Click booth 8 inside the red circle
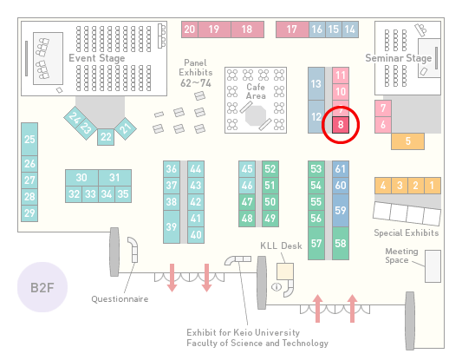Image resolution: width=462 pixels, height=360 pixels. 341,125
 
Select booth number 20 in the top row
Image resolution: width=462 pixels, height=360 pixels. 190,29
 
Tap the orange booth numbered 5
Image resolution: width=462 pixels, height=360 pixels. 407,141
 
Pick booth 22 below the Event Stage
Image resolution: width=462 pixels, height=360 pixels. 106,137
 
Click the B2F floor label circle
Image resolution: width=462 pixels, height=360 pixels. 42,287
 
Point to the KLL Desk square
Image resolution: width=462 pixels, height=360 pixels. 285,272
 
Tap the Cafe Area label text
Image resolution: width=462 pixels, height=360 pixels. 256,91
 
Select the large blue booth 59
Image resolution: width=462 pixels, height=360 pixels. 341,210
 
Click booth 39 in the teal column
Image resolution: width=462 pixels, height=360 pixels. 172,226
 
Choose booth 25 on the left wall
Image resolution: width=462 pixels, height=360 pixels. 29,139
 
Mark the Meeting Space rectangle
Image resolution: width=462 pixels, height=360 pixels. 433,266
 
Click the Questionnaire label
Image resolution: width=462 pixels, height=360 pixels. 120,299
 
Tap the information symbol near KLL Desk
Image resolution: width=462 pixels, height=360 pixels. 277,286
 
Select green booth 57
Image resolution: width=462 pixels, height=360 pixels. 316,243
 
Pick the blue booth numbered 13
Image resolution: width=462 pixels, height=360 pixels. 316,84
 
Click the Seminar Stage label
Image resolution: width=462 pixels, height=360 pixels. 399,58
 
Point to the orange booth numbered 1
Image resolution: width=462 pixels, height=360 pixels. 433,186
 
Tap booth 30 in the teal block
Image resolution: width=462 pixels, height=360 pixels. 81,178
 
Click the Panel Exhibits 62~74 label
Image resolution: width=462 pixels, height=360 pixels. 196,73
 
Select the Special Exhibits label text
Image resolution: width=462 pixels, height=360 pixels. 407,233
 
